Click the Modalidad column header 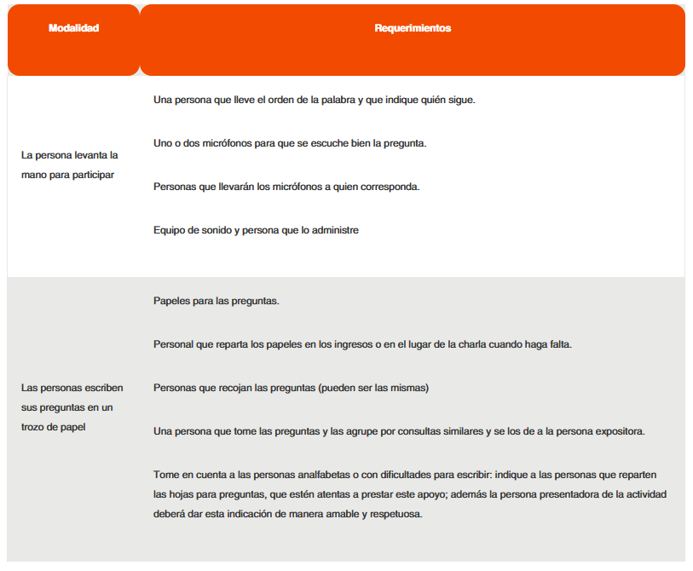pyautogui.click(x=73, y=28)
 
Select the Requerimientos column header pyautogui.click(x=413, y=28)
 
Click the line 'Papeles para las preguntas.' pyautogui.click(x=217, y=301)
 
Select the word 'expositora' pyautogui.click(x=620, y=431)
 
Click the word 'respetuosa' pyautogui.click(x=395, y=515)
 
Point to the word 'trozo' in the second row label pyautogui.click(x=33, y=426)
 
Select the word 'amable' pyautogui.click(x=323, y=515)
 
